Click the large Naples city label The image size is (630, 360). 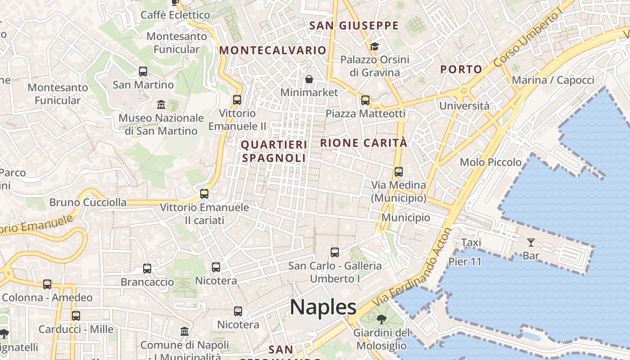pyautogui.click(x=323, y=307)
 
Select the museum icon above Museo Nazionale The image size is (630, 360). pyautogui.click(x=161, y=105)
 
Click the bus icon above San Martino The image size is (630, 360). pyautogui.click(x=143, y=72)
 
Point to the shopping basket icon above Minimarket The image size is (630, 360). pyautogui.click(x=309, y=80)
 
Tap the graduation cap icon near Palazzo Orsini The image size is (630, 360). pyautogui.click(x=374, y=46)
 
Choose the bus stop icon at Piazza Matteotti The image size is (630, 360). pyautogui.click(x=365, y=100)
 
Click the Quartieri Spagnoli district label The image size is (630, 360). pyautogui.click(x=274, y=151)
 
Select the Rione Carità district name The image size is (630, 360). pyautogui.click(x=364, y=143)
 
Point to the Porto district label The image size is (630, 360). pyautogui.click(x=461, y=69)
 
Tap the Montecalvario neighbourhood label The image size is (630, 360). pyautogui.click(x=273, y=50)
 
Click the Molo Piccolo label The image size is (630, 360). pyautogui.click(x=490, y=162)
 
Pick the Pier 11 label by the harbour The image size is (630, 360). pyautogui.click(x=465, y=262)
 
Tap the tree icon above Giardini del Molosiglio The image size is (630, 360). pyautogui.click(x=382, y=320)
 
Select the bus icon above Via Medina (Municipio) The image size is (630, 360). pyautogui.click(x=398, y=172)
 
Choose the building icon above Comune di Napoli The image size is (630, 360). pyautogui.click(x=184, y=332)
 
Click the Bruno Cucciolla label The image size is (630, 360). pyautogui.click(x=88, y=202)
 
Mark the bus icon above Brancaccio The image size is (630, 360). pyautogui.click(x=147, y=269)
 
